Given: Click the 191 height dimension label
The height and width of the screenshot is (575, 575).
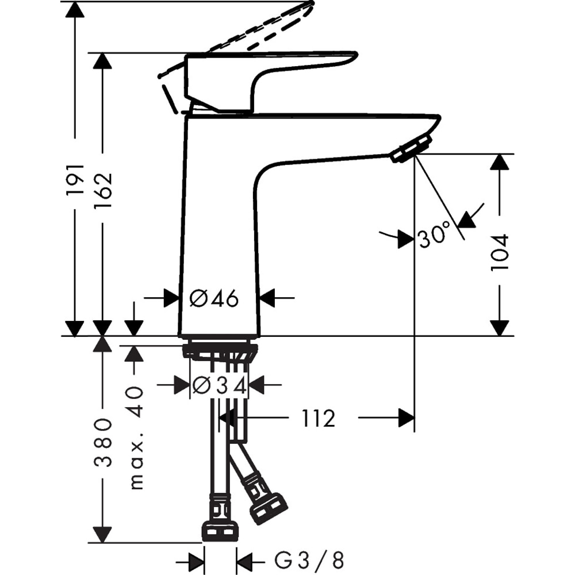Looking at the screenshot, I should click(x=75, y=179).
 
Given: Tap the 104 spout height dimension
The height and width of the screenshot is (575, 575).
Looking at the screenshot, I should click(x=500, y=252).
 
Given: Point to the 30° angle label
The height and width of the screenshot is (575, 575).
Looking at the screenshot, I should click(x=434, y=236).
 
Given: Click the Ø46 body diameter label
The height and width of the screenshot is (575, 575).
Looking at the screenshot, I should click(x=214, y=298).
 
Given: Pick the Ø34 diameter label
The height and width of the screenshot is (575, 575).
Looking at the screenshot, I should click(x=219, y=385).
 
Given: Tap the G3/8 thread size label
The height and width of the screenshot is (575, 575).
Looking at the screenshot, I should click(x=308, y=559).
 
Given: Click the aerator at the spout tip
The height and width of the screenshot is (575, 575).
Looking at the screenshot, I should click(x=411, y=148).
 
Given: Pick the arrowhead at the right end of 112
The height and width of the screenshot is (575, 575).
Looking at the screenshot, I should click(x=406, y=419).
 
